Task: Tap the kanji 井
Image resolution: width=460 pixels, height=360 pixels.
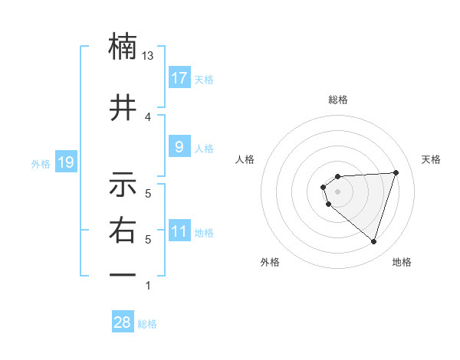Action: [123, 108]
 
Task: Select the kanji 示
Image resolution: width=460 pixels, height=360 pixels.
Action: [123, 185]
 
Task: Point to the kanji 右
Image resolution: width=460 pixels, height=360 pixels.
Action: [123, 231]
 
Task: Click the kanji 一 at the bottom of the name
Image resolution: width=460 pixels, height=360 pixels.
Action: [123, 274]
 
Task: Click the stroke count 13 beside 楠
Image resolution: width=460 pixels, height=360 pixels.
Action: [148, 56]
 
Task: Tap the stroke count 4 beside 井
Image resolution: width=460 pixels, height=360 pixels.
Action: [148, 116]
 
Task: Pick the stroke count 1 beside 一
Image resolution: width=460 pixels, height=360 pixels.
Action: [148, 286]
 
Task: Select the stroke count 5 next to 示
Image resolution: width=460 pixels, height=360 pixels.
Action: [148, 194]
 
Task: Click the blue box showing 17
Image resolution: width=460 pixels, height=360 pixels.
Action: [179, 78]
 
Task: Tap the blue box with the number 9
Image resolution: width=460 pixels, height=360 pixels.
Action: [179, 147]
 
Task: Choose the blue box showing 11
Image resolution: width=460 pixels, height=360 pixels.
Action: [179, 232]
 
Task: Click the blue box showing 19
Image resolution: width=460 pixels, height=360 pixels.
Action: [65, 162]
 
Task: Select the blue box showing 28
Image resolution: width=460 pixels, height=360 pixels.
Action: [123, 322]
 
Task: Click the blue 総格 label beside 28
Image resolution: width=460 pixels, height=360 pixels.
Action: [147, 324]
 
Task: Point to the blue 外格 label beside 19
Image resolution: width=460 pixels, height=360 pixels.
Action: [40, 163]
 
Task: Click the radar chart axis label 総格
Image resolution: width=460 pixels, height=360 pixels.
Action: [337, 100]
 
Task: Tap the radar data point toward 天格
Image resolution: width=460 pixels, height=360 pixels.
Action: [396, 172]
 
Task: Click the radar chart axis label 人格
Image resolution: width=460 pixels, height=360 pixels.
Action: [245, 159]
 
